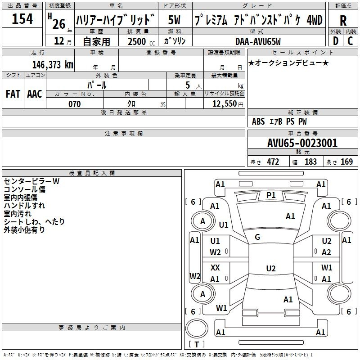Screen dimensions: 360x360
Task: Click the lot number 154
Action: (x=22, y=19)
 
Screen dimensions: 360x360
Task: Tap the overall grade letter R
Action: (x=343, y=21)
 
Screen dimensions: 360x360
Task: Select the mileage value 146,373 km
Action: (x=53, y=65)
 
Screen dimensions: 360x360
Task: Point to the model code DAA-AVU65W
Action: (x=258, y=41)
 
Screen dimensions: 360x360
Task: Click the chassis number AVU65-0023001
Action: (x=302, y=143)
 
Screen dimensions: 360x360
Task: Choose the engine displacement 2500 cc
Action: (x=141, y=41)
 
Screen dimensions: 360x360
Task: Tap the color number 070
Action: (x=75, y=104)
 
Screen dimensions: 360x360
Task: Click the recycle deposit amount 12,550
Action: (x=224, y=104)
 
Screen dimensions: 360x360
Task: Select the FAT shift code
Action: (x=13, y=94)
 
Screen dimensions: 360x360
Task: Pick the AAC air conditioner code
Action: (x=35, y=94)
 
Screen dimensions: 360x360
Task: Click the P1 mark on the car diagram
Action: (x=271, y=195)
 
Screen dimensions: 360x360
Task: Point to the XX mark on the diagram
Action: (x=215, y=267)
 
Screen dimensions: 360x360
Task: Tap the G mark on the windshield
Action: (x=257, y=237)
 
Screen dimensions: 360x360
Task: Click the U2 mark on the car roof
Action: (x=271, y=268)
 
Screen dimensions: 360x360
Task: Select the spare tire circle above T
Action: (x=197, y=328)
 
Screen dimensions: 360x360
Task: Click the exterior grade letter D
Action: (x=336, y=41)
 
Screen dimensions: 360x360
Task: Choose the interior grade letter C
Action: (x=350, y=41)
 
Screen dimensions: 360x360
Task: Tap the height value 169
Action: (x=346, y=162)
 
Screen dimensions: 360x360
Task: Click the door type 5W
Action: (x=174, y=20)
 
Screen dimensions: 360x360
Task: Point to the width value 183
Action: (x=310, y=162)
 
